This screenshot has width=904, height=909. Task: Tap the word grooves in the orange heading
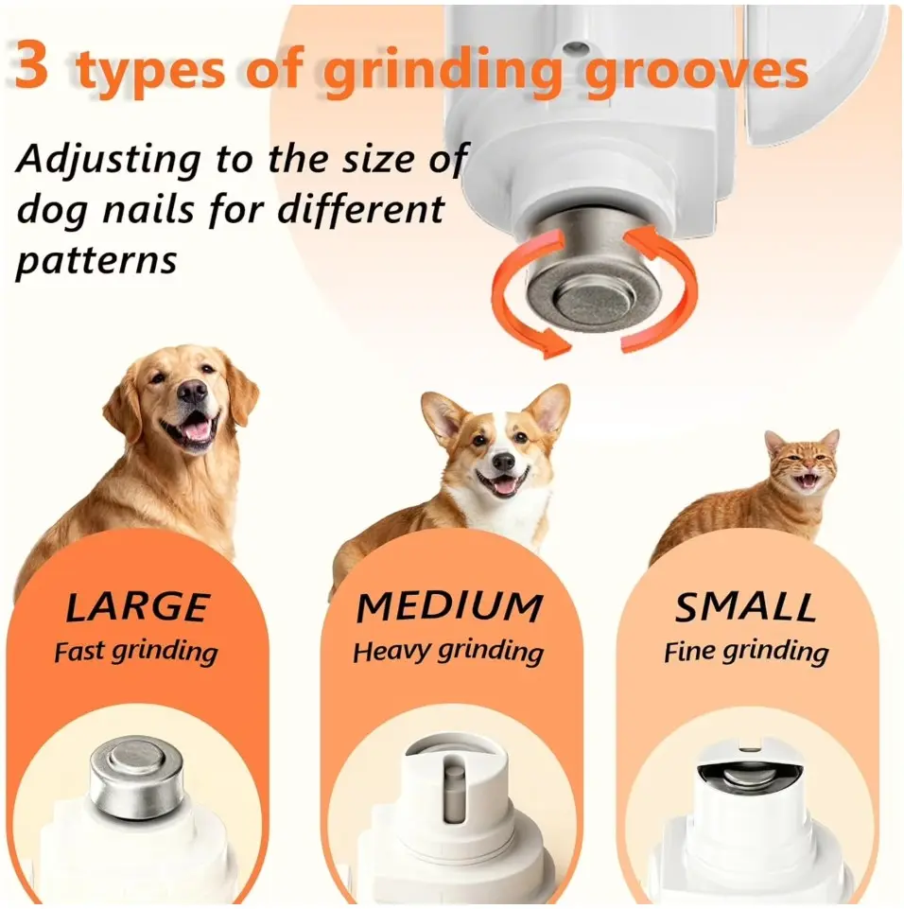pyautogui.click(x=696, y=71)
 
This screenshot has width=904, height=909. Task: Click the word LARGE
pyautogui.click(x=137, y=607)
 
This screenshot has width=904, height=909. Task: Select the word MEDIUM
pyautogui.click(x=449, y=607)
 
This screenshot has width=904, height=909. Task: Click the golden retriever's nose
pyautogui.click(x=192, y=392)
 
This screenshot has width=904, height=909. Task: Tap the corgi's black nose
pyautogui.click(x=503, y=462)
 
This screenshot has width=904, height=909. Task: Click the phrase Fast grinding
pyautogui.click(x=136, y=652)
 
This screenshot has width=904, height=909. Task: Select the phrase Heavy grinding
pyautogui.click(x=448, y=652)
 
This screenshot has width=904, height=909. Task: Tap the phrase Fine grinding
pyautogui.click(x=746, y=652)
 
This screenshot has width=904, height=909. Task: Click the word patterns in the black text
pyautogui.click(x=96, y=261)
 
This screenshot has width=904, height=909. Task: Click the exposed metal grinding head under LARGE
pyautogui.click(x=137, y=778)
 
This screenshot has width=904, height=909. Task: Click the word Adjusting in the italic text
pyautogui.click(x=109, y=159)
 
